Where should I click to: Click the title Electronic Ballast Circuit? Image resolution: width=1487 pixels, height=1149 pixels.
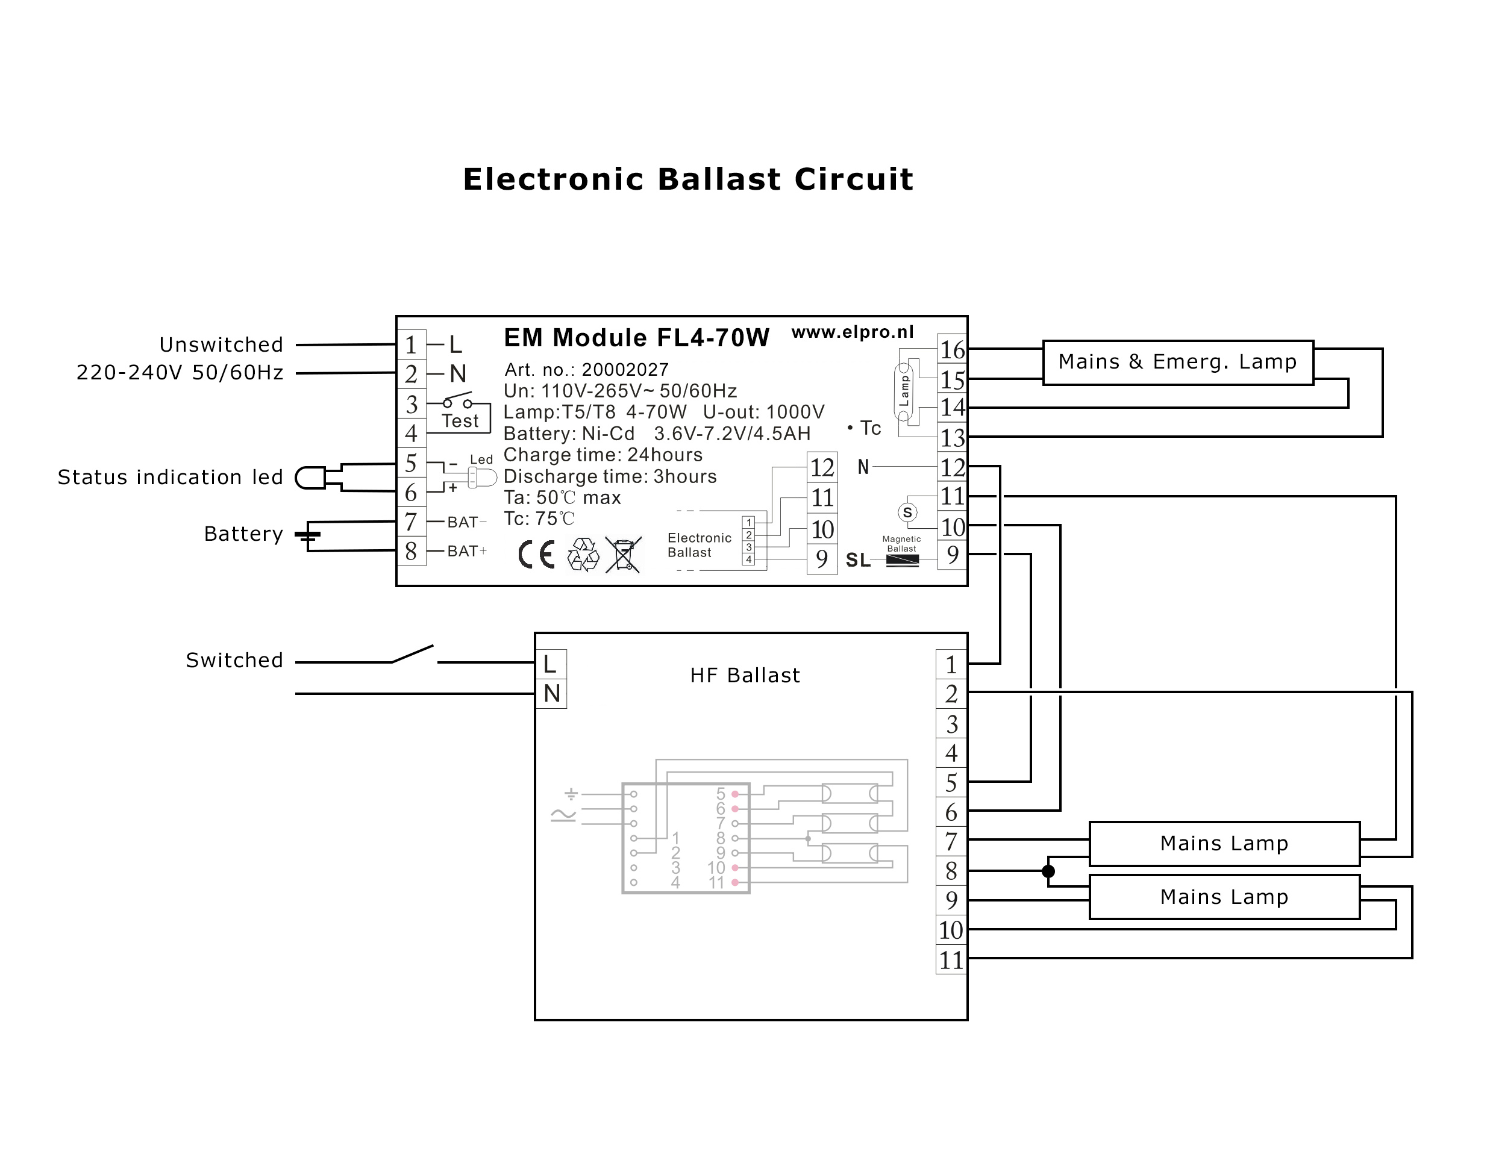(x=687, y=179)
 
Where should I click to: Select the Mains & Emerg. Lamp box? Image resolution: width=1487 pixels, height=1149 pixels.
(x=1178, y=363)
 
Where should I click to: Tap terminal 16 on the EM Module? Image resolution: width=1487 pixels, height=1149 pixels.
(x=953, y=349)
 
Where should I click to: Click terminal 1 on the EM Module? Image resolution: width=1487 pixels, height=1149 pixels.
(x=412, y=344)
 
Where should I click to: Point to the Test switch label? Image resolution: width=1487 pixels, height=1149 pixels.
(x=460, y=421)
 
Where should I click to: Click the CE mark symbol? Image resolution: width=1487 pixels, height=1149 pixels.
(x=536, y=554)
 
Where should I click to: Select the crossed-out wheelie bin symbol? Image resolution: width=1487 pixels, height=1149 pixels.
(x=624, y=555)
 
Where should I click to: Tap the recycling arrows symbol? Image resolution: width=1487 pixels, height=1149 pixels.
(x=583, y=555)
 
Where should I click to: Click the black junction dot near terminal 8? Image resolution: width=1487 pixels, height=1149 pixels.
(x=1048, y=871)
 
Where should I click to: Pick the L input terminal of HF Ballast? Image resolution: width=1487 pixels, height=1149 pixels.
(x=551, y=664)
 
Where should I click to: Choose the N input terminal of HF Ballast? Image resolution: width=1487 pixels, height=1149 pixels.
(x=551, y=694)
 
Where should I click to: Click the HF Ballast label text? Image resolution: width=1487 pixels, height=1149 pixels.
(x=745, y=675)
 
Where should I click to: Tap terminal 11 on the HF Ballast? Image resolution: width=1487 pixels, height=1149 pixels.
(x=951, y=960)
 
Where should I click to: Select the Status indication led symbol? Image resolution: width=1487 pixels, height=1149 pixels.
(x=310, y=477)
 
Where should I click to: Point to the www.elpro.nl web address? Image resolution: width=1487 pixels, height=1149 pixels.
(x=853, y=332)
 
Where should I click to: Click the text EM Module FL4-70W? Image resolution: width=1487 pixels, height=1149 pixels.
(x=637, y=338)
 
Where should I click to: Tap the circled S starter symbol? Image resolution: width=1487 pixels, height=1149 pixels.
(x=907, y=512)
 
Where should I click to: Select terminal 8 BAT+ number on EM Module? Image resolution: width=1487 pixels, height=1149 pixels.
(x=412, y=550)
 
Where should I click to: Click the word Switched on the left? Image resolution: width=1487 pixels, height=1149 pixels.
(x=234, y=660)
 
